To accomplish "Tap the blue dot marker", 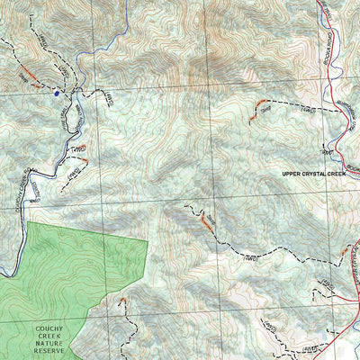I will pos(56,91).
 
